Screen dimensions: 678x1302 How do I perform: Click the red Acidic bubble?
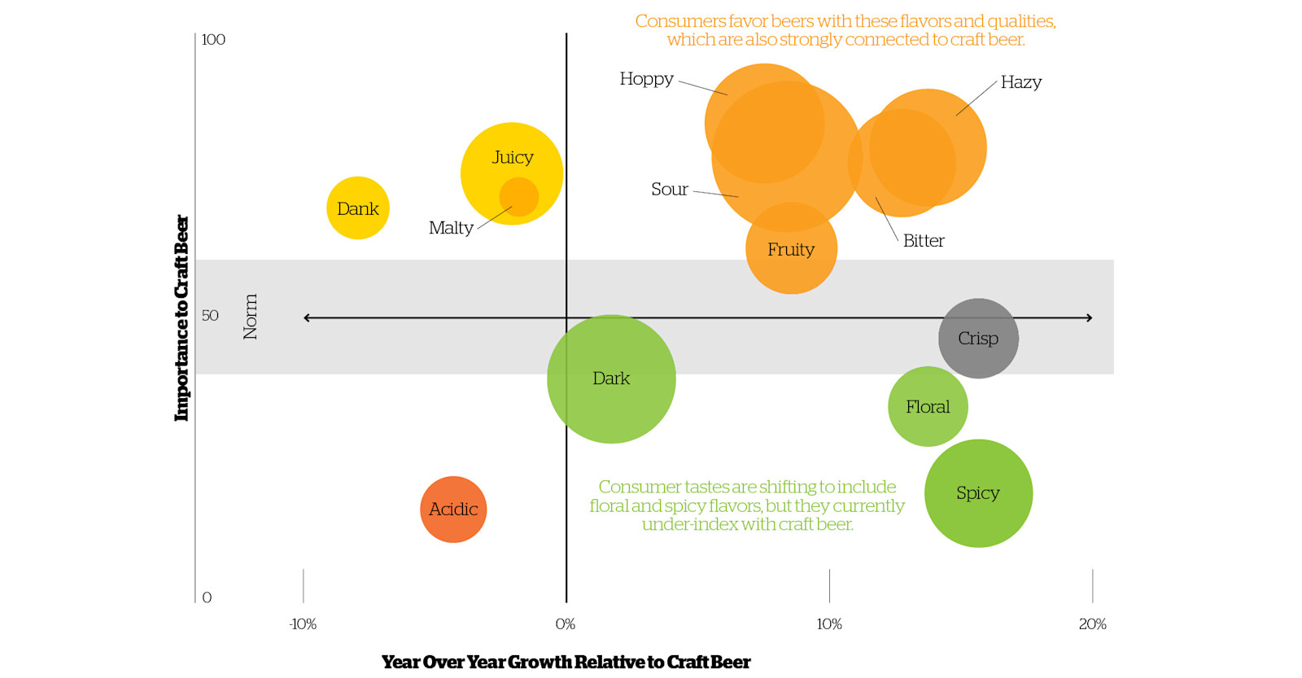pyautogui.click(x=453, y=510)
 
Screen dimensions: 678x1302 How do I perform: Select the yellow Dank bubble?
pyautogui.click(x=358, y=208)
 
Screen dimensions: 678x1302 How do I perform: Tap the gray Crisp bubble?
pyautogui.click(x=978, y=339)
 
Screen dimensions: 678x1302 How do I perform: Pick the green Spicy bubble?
pyautogui.click(x=978, y=493)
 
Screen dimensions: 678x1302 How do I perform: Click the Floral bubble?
pyautogui.click(x=928, y=407)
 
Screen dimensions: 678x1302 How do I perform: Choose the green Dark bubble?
pyautogui.click(x=611, y=378)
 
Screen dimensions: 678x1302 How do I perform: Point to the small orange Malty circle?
pyautogui.click(x=519, y=197)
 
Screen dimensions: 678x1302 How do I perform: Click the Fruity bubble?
pyautogui.click(x=791, y=249)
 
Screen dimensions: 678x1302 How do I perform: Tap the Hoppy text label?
pyautogui.click(x=646, y=79)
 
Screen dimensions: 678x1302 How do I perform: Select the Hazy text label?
pyautogui.click(x=1020, y=82)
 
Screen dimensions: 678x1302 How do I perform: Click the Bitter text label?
pyautogui.click(x=924, y=241)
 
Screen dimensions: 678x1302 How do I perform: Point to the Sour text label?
pyautogui.click(x=669, y=190)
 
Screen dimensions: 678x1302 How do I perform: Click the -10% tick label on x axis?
pyautogui.click(x=303, y=624)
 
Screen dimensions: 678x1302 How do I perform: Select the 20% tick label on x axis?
pyautogui.click(x=1092, y=624)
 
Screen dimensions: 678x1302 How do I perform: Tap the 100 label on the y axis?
pyautogui.click(x=213, y=40)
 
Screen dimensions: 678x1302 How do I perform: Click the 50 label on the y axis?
pyautogui.click(x=210, y=316)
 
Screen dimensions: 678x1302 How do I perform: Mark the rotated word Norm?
pyautogui.click(x=250, y=317)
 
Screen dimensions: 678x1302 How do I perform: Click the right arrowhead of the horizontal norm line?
pyautogui.click(x=1089, y=317)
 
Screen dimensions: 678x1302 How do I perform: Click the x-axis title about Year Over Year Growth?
pyautogui.click(x=566, y=662)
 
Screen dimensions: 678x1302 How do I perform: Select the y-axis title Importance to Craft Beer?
pyautogui.click(x=181, y=317)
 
